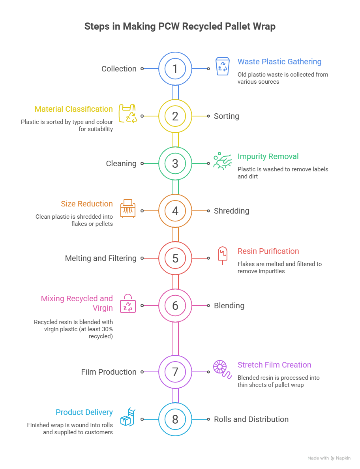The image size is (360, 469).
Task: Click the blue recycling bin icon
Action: pos(223,66)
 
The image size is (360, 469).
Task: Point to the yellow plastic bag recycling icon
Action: pos(128,114)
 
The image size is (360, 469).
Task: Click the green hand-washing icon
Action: pos(223,161)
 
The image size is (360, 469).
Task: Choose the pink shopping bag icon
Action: pos(128,303)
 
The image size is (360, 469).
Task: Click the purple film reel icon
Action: pos(223,370)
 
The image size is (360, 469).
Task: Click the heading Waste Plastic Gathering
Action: pos(279,62)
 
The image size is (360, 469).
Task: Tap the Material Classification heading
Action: pos(73,109)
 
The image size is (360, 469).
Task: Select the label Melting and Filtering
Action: pos(101,258)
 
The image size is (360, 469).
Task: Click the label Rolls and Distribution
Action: pos(251,419)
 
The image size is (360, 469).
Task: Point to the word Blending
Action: pos(229,306)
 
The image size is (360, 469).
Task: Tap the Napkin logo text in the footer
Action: pos(343,458)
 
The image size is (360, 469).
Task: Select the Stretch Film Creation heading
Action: pos(274,365)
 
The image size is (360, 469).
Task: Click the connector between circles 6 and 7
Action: pos(175,339)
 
